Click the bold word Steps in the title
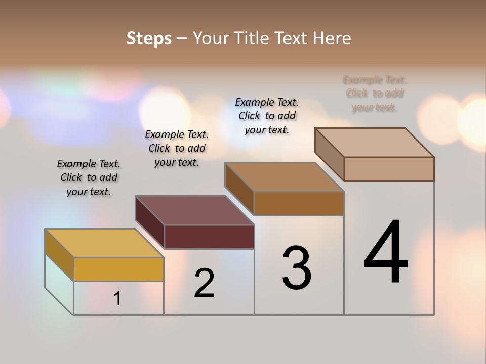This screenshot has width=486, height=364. (149, 38)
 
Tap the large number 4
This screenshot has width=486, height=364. (386, 253)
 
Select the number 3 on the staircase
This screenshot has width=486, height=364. (297, 268)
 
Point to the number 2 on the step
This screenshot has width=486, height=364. (205, 283)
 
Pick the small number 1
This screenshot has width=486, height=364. (117, 299)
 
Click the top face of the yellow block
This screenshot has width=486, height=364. (104, 243)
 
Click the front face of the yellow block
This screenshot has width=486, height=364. (118, 269)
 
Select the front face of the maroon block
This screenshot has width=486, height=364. (209, 237)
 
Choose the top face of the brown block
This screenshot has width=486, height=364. (284, 177)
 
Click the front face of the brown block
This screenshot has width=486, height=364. (299, 203)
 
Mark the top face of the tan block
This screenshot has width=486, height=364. (374, 143)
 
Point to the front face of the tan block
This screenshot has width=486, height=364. (389, 169)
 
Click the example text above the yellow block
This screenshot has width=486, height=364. (89, 177)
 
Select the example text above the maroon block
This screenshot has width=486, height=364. (177, 148)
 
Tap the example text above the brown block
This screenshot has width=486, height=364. (267, 116)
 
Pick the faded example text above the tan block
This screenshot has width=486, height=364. (375, 94)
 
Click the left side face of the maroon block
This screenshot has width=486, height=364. (150, 222)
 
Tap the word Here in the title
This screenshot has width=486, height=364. (332, 38)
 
